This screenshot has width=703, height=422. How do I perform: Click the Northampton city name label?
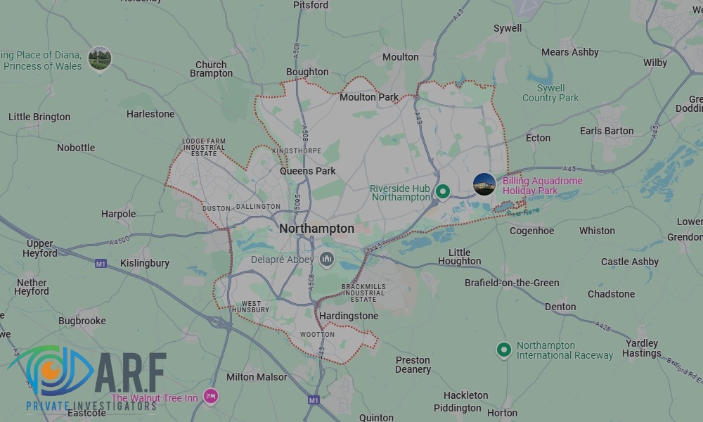tap(316, 229)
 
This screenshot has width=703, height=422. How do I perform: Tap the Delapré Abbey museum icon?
tap(326, 260)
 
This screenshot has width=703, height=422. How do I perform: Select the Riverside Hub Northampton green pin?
tap(443, 191)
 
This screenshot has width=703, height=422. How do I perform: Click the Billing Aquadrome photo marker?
tap(484, 184)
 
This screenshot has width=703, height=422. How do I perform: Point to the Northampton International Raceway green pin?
tap(503, 350)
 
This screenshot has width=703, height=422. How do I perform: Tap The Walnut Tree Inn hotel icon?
tap(210, 397)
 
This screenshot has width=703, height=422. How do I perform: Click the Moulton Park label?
tap(368, 97)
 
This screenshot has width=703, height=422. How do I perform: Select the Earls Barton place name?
tap(606, 131)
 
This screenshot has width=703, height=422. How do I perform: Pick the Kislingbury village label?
tap(145, 263)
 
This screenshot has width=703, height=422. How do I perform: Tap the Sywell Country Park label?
tap(550, 93)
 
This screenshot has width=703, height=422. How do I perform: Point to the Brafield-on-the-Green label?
tap(512, 283)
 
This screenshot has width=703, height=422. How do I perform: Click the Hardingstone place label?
tap(349, 316)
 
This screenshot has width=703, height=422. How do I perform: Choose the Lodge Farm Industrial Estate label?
tap(204, 147)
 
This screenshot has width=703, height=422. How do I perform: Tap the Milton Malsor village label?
tap(257, 377)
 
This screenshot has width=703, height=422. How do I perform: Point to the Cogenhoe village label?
tap(531, 231)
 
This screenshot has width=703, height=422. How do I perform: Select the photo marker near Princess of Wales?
tap(100, 58)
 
